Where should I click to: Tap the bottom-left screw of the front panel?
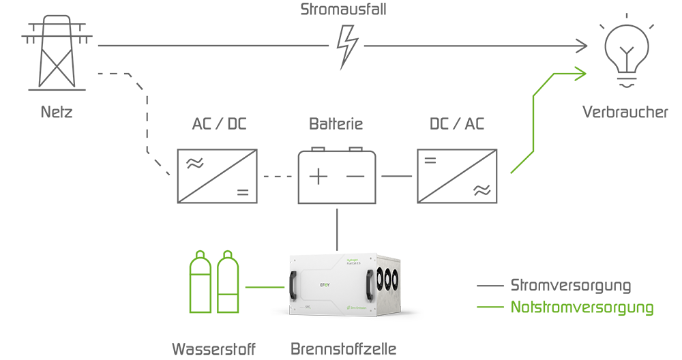click(295, 313)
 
